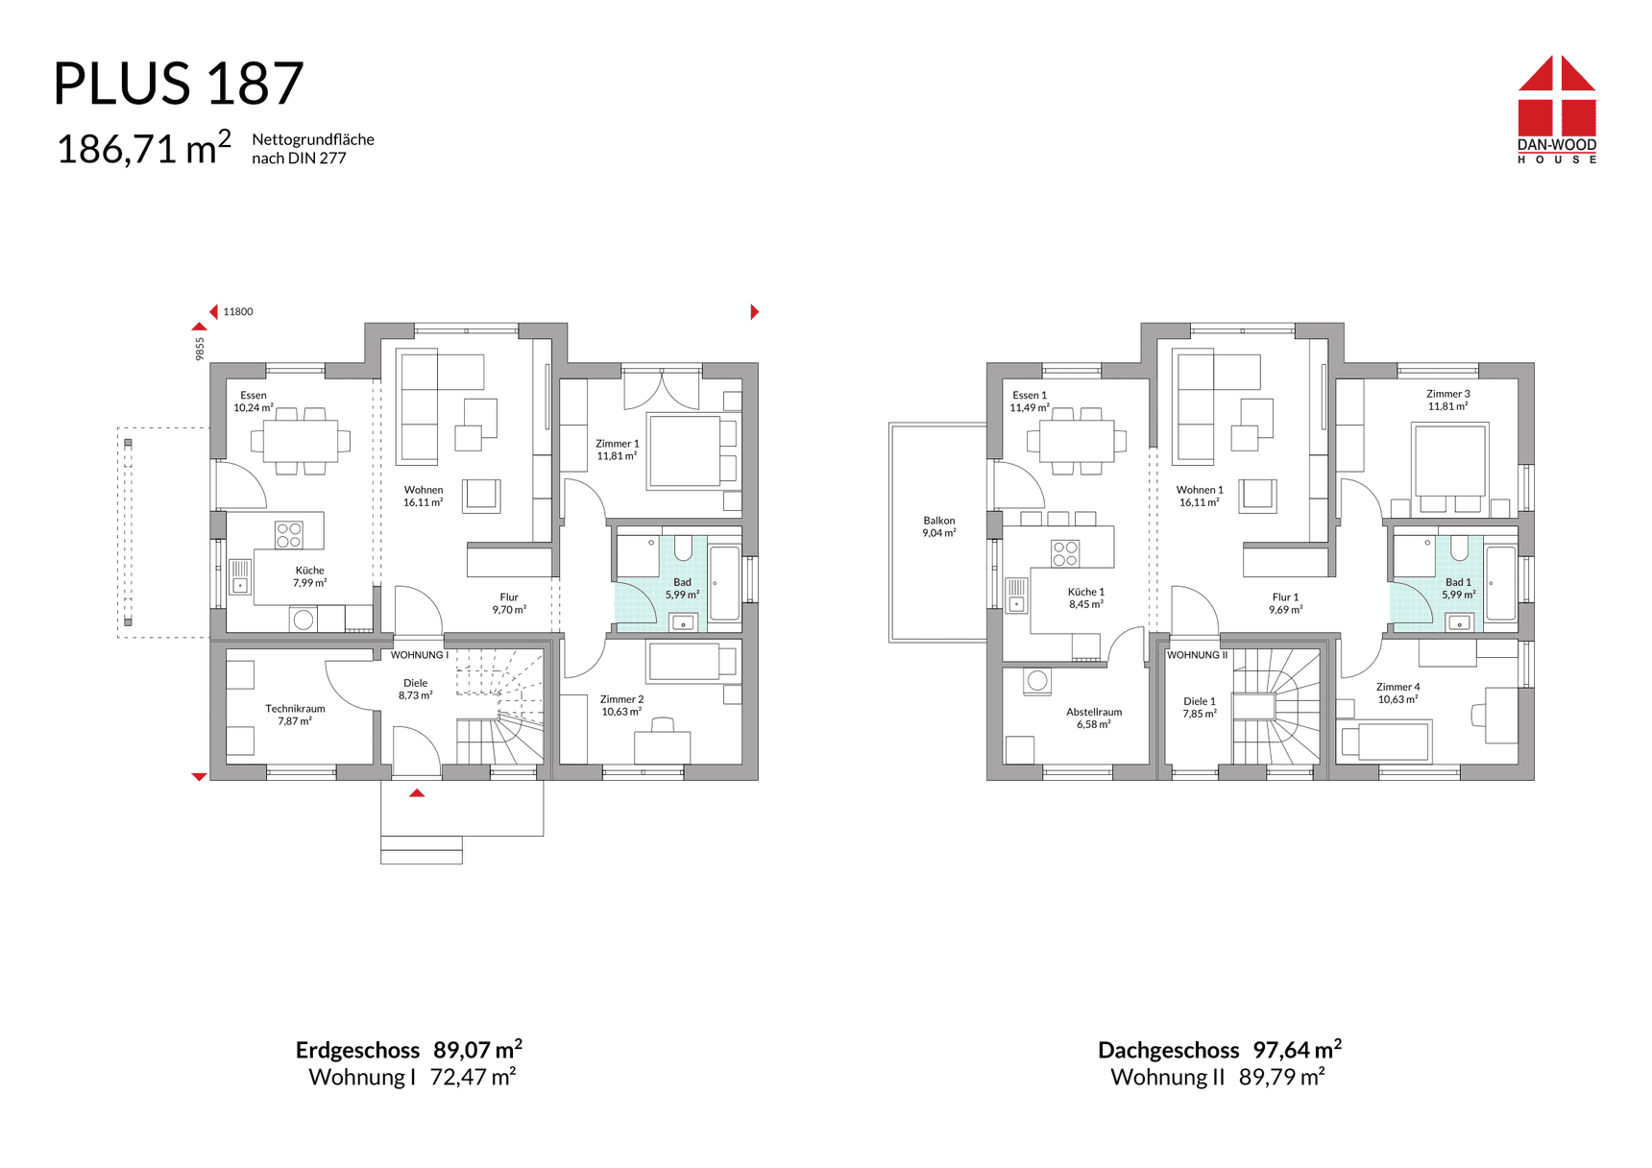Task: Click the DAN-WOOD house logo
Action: (1557, 109)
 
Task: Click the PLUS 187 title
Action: (179, 84)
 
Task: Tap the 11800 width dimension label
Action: (238, 312)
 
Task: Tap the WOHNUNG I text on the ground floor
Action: (420, 655)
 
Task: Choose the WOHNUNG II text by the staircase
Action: (1197, 655)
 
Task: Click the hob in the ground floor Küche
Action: (289, 535)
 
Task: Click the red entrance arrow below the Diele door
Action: (417, 793)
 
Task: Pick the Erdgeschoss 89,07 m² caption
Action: (409, 1050)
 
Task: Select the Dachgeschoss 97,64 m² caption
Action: (1220, 1050)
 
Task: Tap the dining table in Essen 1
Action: (1077, 441)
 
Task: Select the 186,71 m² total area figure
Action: (144, 149)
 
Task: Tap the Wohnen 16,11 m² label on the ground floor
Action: (424, 496)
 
